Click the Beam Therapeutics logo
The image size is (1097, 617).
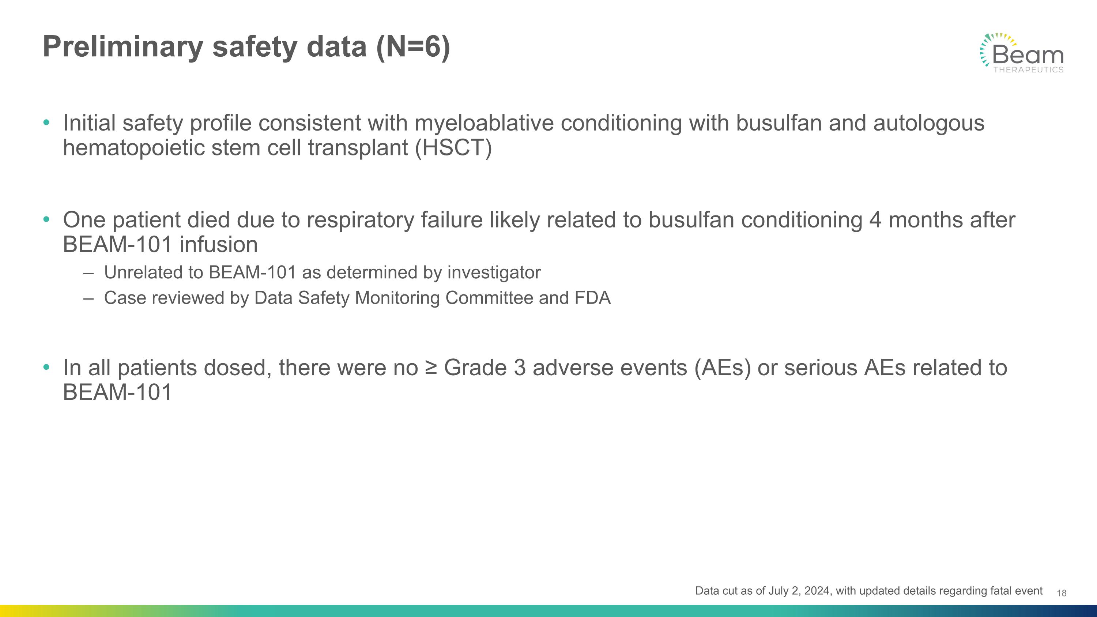click(x=1022, y=53)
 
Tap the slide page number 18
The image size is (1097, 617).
click(x=1062, y=593)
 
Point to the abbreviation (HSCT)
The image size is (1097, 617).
click(x=453, y=148)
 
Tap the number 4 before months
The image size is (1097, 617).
click(x=875, y=220)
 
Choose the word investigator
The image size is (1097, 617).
click(x=494, y=272)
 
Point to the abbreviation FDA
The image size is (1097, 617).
click(x=592, y=298)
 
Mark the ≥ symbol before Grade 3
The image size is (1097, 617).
click(x=431, y=368)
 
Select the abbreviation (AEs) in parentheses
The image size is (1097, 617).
click(x=722, y=368)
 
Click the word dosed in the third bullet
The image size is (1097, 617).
click(x=240, y=368)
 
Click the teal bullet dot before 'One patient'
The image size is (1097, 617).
click(x=46, y=220)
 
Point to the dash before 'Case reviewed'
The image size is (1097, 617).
click(x=88, y=298)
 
